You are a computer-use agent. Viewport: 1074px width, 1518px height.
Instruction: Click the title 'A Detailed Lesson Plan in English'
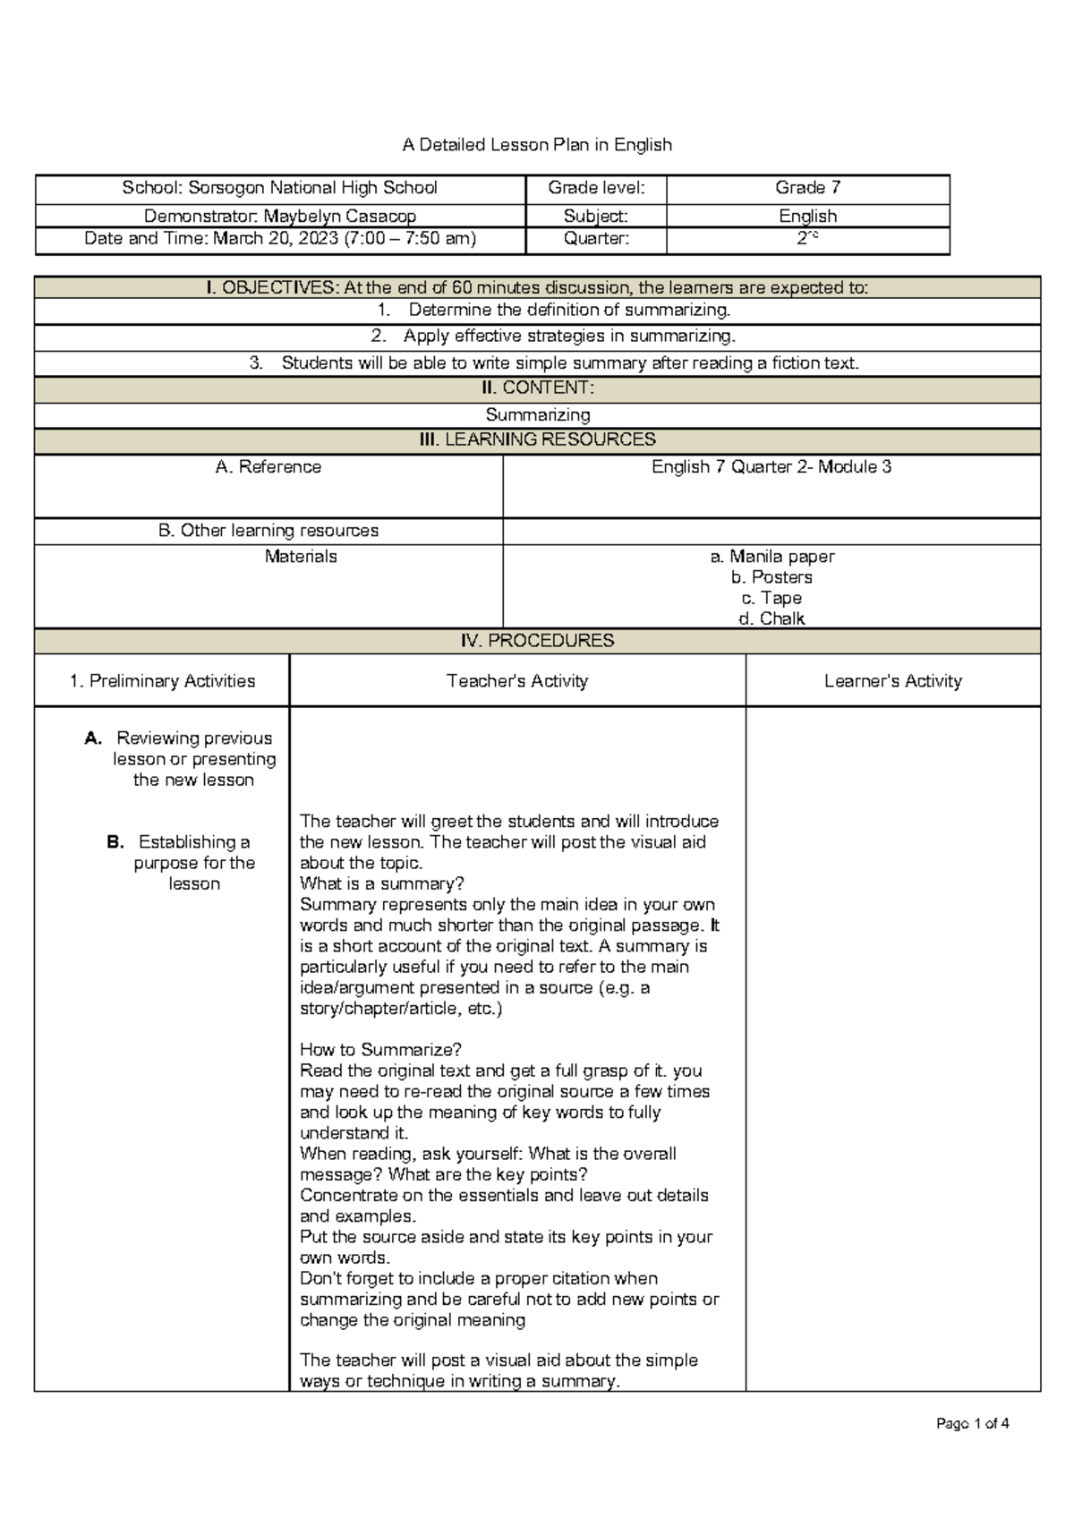pyautogui.click(x=537, y=145)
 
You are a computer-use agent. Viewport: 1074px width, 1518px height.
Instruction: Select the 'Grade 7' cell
pyautogui.click(x=807, y=188)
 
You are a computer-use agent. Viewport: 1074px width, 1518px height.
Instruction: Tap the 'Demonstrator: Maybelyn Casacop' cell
pyautogui.click(x=280, y=216)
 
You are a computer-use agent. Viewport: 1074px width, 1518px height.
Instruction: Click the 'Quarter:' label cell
pyautogui.click(x=596, y=239)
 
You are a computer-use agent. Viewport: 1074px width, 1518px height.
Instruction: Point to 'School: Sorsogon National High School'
pyautogui.click(x=280, y=188)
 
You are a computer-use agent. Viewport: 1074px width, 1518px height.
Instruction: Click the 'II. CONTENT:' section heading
pyautogui.click(x=537, y=388)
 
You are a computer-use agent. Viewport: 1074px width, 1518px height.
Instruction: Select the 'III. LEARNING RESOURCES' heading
pyautogui.click(x=537, y=439)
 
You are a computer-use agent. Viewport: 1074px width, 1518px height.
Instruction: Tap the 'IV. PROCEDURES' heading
pyautogui.click(x=537, y=641)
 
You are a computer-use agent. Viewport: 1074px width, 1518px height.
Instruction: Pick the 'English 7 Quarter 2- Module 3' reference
pyautogui.click(x=771, y=467)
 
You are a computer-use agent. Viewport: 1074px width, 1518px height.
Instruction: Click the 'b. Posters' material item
pyautogui.click(x=771, y=577)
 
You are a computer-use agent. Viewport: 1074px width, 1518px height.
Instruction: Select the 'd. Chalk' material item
pyautogui.click(x=771, y=618)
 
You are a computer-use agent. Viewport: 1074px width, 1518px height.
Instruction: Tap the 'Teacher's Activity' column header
pyautogui.click(x=517, y=681)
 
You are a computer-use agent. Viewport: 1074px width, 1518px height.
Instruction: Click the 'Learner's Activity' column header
pyautogui.click(x=892, y=681)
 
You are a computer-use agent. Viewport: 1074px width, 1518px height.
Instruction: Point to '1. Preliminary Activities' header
pyautogui.click(x=162, y=681)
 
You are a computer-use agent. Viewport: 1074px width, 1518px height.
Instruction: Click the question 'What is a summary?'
pyautogui.click(x=382, y=884)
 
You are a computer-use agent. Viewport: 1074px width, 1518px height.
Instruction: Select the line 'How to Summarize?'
pyautogui.click(x=380, y=1050)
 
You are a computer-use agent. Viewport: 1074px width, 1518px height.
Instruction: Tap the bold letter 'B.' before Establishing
pyautogui.click(x=115, y=842)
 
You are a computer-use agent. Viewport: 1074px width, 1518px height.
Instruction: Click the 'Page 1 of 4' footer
pyautogui.click(x=972, y=1424)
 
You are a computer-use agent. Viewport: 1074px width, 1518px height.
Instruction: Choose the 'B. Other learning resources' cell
pyautogui.click(x=268, y=531)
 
